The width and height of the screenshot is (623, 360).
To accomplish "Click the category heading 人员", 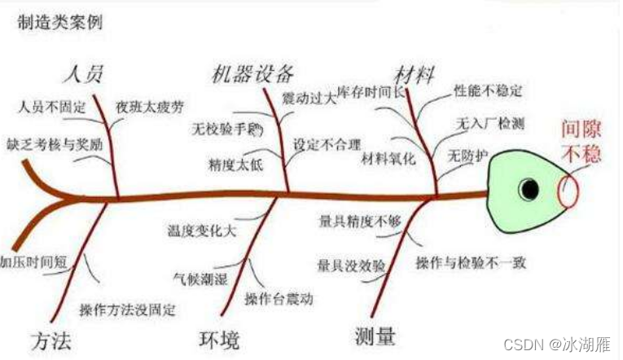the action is pos(84,74).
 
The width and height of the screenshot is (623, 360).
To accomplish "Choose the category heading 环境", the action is pos(222,337).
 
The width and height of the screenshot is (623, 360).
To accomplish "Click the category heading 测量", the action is pos(375,336).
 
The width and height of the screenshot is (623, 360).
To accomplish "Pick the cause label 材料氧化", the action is pos(388,157).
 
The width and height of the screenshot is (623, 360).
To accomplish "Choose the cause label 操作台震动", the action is pos(279,299).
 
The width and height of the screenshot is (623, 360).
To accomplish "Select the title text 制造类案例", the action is pos(55,22).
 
